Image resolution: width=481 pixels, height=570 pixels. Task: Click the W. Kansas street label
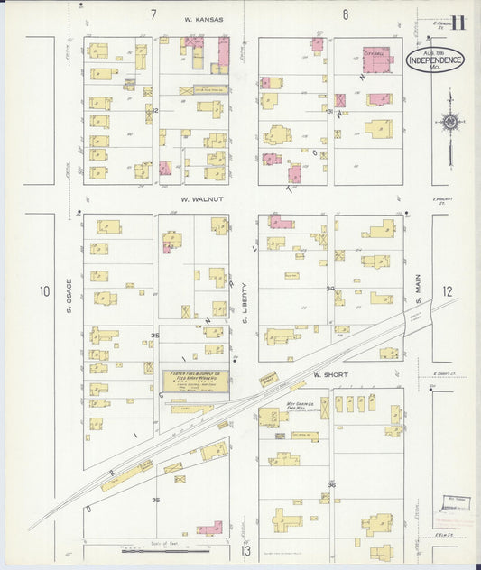pos(203,18)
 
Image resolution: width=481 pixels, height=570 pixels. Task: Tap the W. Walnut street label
pos(200,198)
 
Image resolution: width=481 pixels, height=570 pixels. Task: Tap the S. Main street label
pos(419,290)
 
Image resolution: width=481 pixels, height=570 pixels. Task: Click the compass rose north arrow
pos(449,122)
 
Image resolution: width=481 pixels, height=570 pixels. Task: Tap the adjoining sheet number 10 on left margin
pos(44,291)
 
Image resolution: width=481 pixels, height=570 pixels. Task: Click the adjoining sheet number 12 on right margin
pos(449,291)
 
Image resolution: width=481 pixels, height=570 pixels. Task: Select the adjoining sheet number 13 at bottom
pos(245,550)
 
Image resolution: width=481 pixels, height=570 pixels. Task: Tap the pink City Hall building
pos(377,59)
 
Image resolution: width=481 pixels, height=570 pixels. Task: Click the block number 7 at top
pos(153,14)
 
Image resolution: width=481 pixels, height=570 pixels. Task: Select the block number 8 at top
pos(345,14)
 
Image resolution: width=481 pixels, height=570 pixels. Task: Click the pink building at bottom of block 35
pos(210,528)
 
